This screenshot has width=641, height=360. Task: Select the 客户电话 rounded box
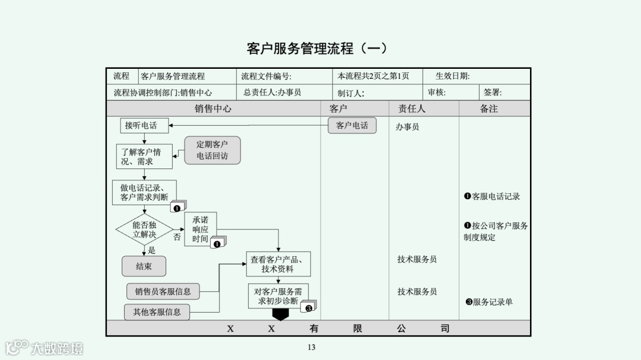point(352,125)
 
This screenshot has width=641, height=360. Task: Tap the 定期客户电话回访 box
point(212,150)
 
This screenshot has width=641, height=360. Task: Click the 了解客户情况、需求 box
point(144,157)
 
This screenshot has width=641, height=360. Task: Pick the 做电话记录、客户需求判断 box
point(144,193)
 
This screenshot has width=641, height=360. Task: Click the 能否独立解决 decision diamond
point(144,230)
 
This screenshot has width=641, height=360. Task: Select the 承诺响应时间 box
point(201,229)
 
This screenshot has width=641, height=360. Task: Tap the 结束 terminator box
point(144,266)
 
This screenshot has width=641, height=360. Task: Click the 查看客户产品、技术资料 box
point(278,264)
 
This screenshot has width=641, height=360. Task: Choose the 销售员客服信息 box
point(163,291)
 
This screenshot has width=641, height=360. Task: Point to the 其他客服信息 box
point(157,311)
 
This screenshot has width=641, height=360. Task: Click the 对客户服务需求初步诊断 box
point(278,296)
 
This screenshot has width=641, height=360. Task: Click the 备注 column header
point(488,109)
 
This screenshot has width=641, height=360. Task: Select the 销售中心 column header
point(213,109)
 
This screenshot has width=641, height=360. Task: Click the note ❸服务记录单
point(489,302)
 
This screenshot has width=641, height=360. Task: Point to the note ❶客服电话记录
point(492,196)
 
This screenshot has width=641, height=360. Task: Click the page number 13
point(312,348)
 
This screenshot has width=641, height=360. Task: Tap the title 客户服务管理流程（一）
point(318,48)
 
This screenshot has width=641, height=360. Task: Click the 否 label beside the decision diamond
point(177,237)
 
